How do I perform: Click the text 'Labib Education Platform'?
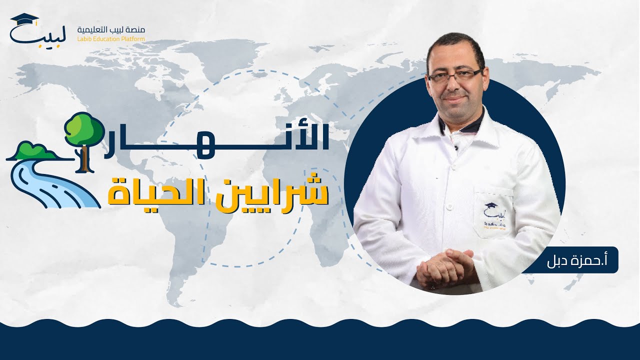tap(110, 39)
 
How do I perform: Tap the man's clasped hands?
tap(445, 267)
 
